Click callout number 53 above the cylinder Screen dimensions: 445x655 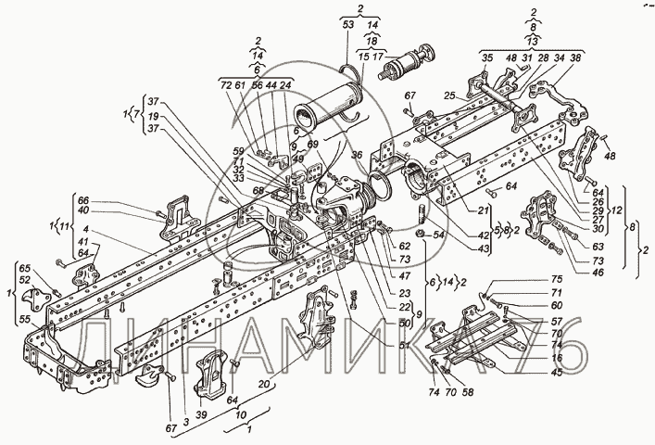click(x=348, y=26)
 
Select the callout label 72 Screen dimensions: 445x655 click(x=224, y=85)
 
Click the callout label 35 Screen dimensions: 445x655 click(x=485, y=57)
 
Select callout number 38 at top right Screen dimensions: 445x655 click(x=575, y=57)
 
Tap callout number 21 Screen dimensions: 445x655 click(x=483, y=211)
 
